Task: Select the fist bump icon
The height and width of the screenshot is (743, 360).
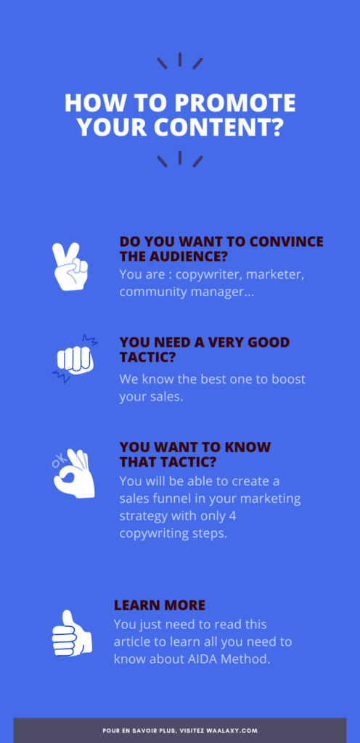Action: pos(75,358)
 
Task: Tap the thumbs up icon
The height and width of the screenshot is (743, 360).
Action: pos(71,633)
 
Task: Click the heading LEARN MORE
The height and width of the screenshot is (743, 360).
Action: pos(160,605)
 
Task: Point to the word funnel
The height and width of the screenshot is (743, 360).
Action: pos(174,498)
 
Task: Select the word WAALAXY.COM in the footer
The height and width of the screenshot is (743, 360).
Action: pos(237,731)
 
